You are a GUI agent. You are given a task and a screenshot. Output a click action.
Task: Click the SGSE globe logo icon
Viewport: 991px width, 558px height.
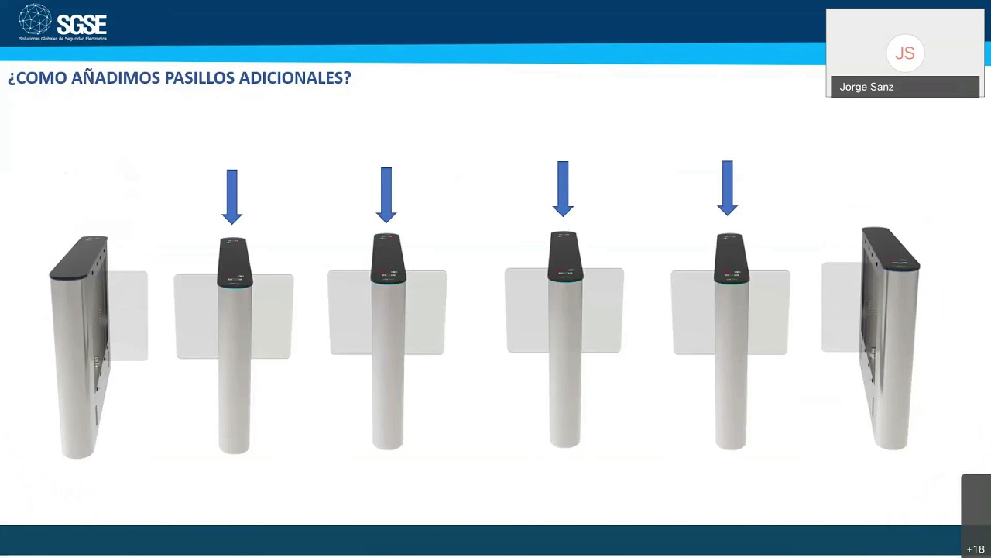pos(35,20)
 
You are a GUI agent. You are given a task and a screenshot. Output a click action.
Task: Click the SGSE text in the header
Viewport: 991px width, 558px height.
pos(81,24)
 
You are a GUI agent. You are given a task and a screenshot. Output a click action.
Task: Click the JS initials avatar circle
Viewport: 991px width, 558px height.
pos(904,53)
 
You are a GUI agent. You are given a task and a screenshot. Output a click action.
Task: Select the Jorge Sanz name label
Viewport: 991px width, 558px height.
pos(866,87)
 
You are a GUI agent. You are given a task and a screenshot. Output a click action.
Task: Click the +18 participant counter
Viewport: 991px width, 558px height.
pos(975,549)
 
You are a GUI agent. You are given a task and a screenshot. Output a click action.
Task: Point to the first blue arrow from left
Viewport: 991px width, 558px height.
pos(231,196)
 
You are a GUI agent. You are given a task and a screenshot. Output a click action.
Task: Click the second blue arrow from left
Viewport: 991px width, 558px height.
pos(386,195)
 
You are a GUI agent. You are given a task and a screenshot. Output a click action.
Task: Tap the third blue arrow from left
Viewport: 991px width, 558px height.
pos(563,188)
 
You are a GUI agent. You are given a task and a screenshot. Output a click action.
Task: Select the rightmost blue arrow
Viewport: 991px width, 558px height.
pos(727,188)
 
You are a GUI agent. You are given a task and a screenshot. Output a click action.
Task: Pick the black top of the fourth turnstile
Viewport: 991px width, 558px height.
pos(565,256)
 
